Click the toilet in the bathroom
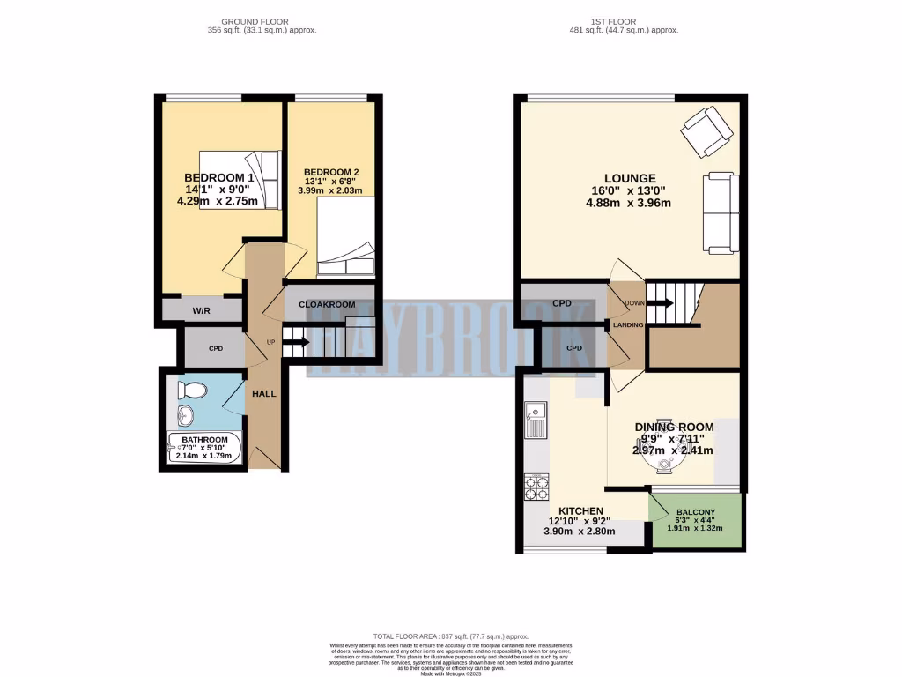[x=191, y=390]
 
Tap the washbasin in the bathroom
[x=186, y=415]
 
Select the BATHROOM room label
[x=204, y=440]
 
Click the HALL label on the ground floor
[x=264, y=393]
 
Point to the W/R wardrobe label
[x=201, y=310]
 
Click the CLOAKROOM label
[x=327, y=304]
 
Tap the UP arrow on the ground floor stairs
[x=297, y=342]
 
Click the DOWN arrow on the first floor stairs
[x=661, y=303]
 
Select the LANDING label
[x=628, y=325]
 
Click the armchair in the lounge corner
[x=706, y=130]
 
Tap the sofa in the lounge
[x=720, y=212]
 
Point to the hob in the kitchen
[x=535, y=487]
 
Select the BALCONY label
[x=695, y=512]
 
